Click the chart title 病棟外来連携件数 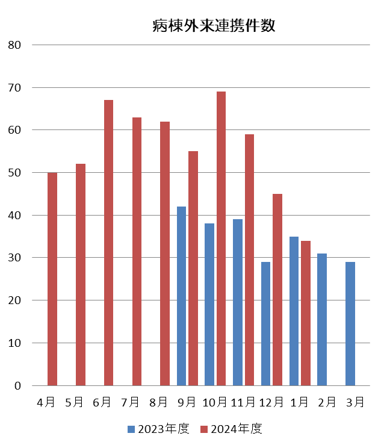point(214,26)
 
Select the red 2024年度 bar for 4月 point(52,279)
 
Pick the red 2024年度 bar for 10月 point(221,238)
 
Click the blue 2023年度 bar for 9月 point(182,296)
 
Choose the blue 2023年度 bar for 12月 point(266,324)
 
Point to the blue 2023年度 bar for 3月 point(350,324)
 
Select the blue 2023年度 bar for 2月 point(322,320)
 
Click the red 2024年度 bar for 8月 point(165,254)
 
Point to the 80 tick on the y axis point(14,45)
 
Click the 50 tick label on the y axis point(14,173)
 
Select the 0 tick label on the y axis point(17,386)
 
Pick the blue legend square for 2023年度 point(131,429)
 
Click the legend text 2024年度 point(237,429)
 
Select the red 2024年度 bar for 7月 point(137,251)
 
